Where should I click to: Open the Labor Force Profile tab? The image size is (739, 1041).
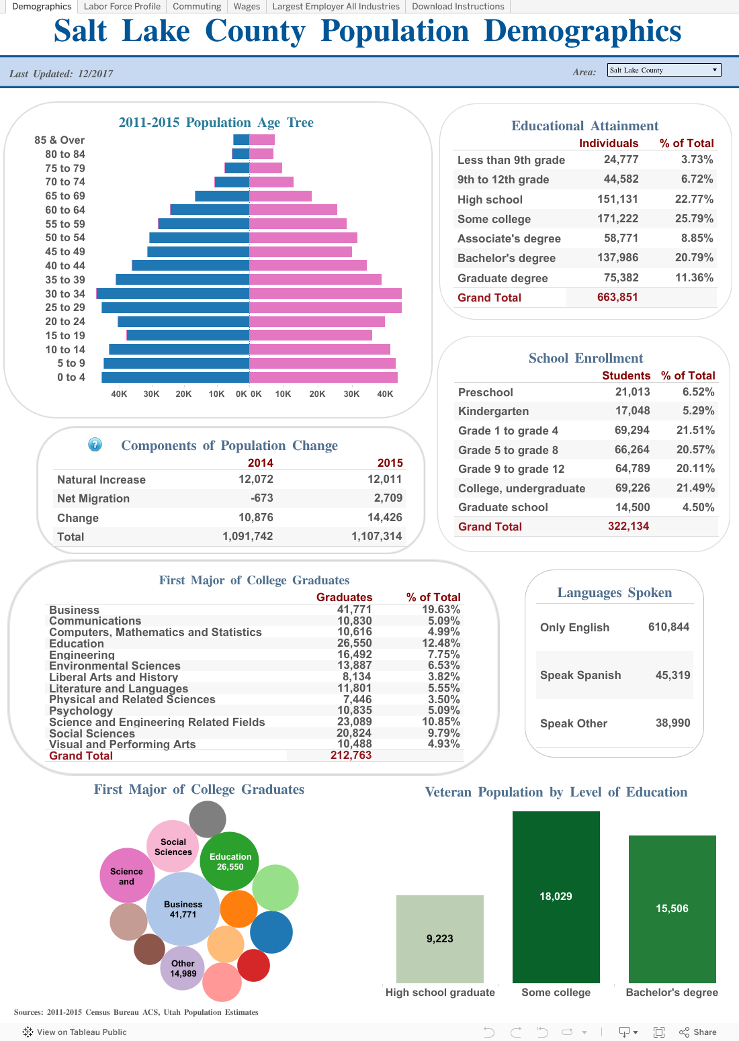coord(122,7)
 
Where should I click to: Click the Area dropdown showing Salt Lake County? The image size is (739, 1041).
coord(664,70)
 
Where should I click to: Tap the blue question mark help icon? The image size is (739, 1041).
coord(95,445)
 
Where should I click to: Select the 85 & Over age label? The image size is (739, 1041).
coord(60,140)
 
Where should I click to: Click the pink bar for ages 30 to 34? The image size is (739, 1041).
coord(326,293)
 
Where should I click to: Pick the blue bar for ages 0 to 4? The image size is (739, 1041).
coord(175,377)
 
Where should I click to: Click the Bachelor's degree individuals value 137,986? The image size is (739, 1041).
coord(617,258)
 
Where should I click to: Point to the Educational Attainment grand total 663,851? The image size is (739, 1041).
coord(617,298)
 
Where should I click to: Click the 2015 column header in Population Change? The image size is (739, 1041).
coord(390,463)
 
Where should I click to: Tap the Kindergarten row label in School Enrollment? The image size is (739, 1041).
coord(493,411)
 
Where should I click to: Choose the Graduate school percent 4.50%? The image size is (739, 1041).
coord(698,507)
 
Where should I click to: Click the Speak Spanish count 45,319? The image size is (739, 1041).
coord(672,675)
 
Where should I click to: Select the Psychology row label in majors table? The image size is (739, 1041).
coord(81,711)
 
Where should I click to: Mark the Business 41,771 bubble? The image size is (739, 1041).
coord(183,909)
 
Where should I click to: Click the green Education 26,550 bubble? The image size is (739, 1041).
coord(230,861)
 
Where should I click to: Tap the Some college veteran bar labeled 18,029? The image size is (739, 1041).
coord(556,897)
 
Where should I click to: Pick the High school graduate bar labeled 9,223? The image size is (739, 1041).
coord(439,938)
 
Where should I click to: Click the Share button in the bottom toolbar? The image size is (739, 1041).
coord(698,1032)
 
